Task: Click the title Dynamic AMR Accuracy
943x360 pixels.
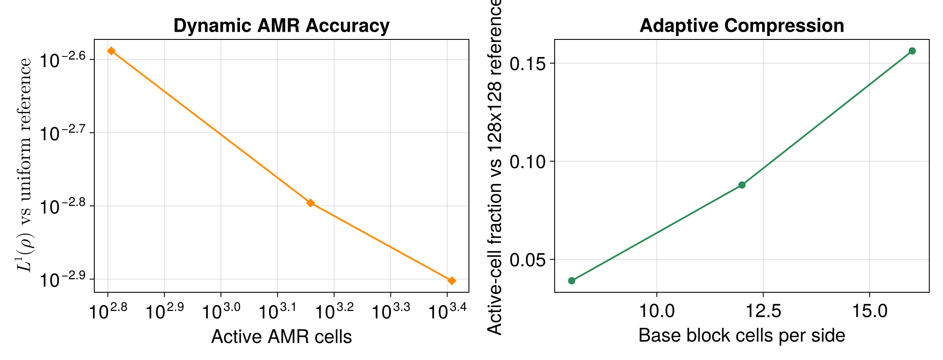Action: (x=281, y=26)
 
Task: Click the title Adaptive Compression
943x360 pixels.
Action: (x=742, y=26)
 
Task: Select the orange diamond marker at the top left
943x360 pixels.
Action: (x=111, y=51)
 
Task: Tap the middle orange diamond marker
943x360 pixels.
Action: (x=311, y=203)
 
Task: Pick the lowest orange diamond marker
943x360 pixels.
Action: (x=451, y=281)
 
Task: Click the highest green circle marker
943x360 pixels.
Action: (x=912, y=51)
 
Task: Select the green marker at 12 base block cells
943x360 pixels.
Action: (x=742, y=185)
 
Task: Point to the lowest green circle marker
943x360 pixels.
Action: (x=571, y=281)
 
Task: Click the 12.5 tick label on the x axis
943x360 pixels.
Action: (x=763, y=311)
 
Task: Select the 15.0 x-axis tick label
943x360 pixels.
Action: (x=869, y=311)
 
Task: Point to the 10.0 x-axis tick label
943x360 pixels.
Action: (x=657, y=311)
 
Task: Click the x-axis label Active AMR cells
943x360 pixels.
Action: (x=281, y=337)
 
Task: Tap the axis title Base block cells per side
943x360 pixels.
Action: (x=742, y=336)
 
